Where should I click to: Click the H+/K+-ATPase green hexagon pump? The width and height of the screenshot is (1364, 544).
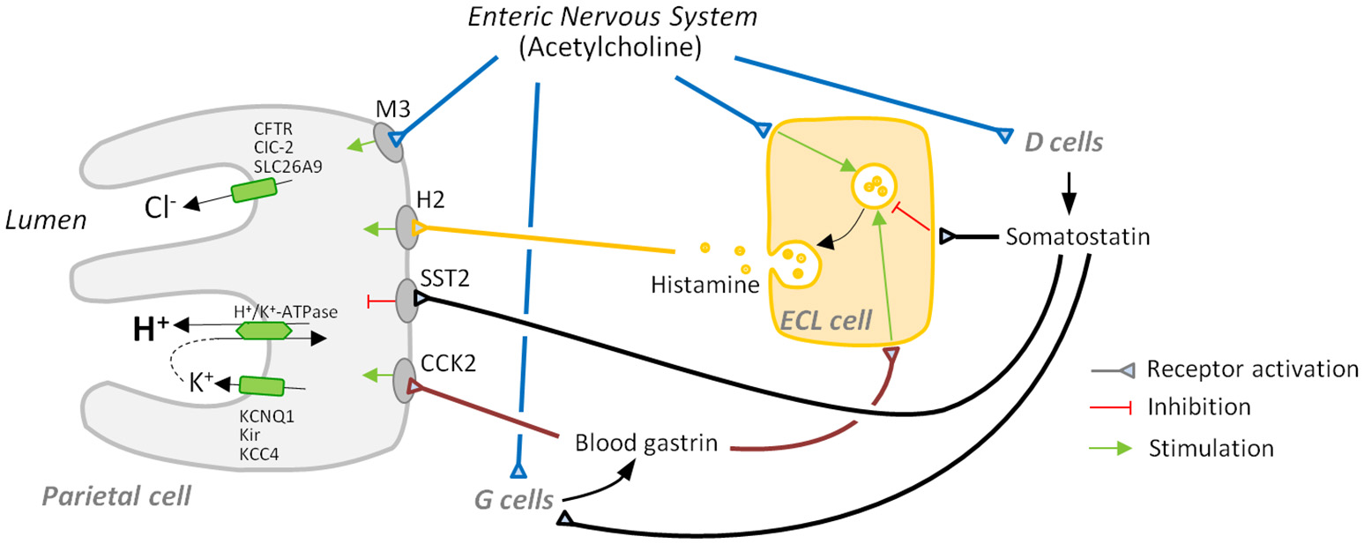[x=265, y=331]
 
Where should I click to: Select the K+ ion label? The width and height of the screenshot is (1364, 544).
[x=202, y=383]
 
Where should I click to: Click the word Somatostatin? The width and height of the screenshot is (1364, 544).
[x=1068, y=237]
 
